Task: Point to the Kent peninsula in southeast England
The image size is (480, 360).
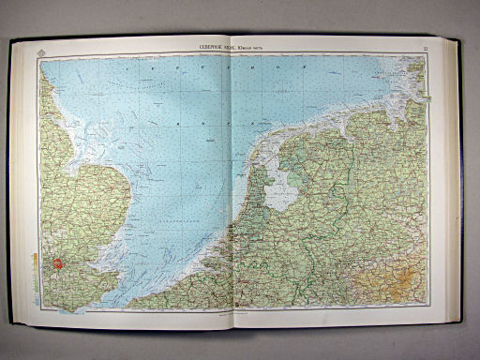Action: [106, 281]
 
